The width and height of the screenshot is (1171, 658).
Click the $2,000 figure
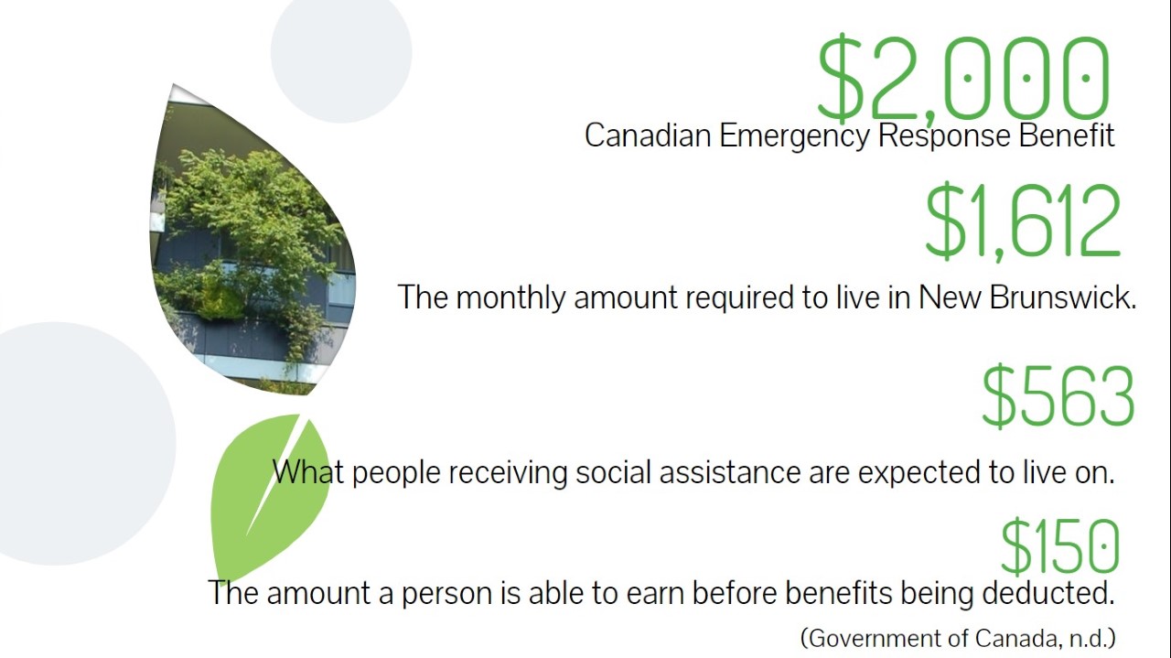[x=963, y=80]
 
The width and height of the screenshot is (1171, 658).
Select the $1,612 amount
[x=1023, y=221]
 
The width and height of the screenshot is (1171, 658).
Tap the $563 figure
[x=1058, y=396]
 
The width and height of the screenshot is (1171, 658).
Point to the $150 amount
[x=1059, y=546]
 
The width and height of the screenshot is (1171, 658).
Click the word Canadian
[x=648, y=135]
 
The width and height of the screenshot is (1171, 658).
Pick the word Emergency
[x=794, y=137]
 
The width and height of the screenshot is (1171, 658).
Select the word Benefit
[x=1067, y=135]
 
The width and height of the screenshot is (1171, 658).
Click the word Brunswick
[x=1063, y=297]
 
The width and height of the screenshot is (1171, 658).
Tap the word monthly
[x=510, y=298]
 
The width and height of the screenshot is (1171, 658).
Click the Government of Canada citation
[x=958, y=639]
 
